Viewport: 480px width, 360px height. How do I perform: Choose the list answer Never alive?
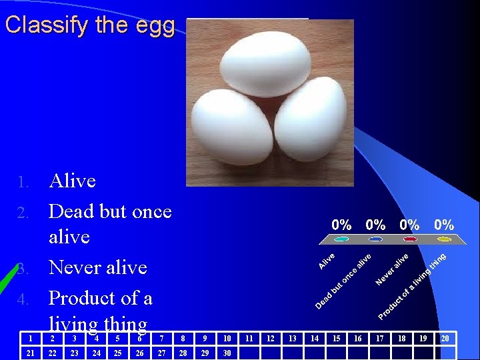pyautogui.click(x=98, y=267)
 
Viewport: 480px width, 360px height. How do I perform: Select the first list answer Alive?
pyautogui.click(x=73, y=181)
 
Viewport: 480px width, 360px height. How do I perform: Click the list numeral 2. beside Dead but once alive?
pyautogui.click(x=23, y=213)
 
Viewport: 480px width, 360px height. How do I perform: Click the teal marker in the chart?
pyautogui.click(x=342, y=239)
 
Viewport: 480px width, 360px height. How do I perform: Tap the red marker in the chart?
pyautogui.click(x=410, y=239)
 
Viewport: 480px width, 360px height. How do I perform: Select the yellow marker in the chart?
pyautogui.click(x=444, y=239)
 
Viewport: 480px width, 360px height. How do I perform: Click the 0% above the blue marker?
pyautogui.click(x=375, y=225)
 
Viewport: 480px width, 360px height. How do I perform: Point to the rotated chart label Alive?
pyautogui.click(x=327, y=260)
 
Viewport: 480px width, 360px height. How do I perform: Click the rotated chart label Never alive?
pyautogui.click(x=392, y=268)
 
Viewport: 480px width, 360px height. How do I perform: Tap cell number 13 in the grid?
pyautogui.click(x=291, y=339)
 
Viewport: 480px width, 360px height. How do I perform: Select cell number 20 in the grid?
pyautogui.click(x=445, y=339)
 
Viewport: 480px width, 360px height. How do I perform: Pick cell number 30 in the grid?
pyautogui.click(x=227, y=353)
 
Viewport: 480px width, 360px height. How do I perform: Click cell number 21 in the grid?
pyautogui.click(x=31, y=353)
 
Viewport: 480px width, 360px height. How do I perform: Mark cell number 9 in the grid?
pyautogui.click(x=205, y=339)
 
